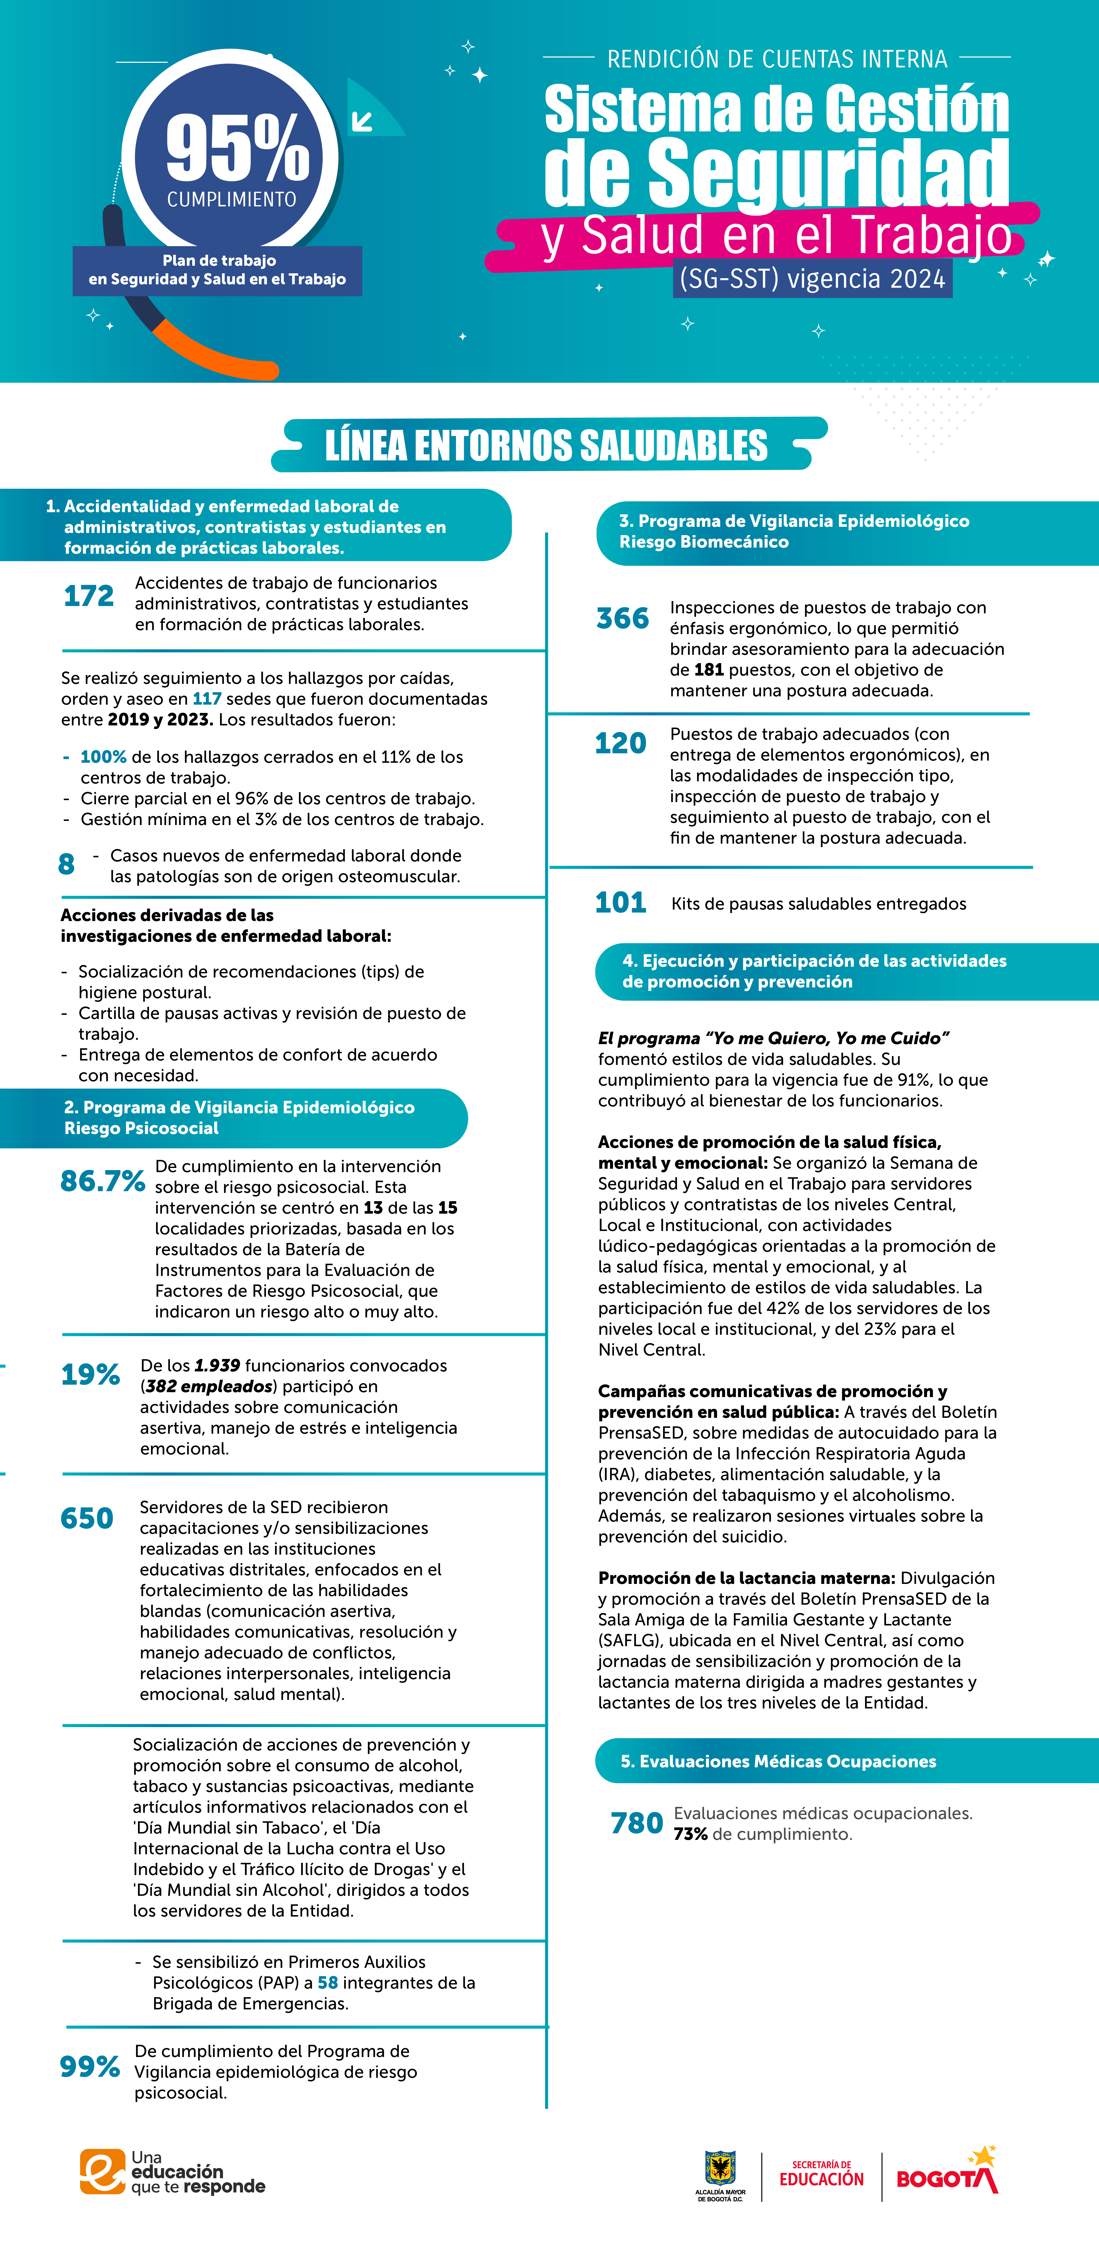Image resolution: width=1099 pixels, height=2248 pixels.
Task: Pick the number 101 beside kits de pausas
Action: click(621, 902)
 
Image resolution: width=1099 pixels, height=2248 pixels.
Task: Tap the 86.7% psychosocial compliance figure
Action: click(102, 1181)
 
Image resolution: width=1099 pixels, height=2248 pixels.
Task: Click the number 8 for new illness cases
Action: click(66, 864)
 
